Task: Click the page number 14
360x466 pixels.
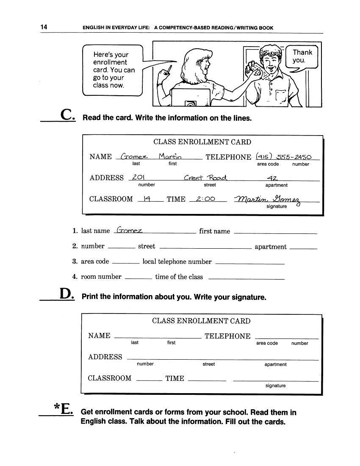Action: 44,28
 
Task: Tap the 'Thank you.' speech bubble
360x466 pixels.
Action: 302,56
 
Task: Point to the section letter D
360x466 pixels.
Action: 66,294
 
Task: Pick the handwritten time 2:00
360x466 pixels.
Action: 205,198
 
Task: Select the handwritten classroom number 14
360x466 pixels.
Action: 147,198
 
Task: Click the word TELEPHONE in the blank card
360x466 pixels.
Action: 227,336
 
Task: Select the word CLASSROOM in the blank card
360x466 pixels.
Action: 110,378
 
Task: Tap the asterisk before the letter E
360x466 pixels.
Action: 57,407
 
